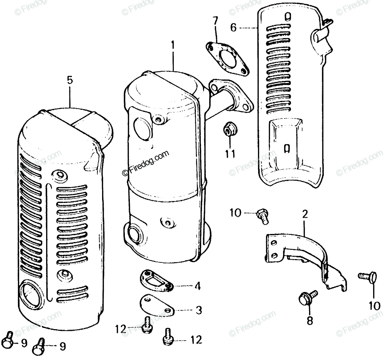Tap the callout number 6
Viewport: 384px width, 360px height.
point(233,28)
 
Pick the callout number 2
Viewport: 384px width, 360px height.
point(305,214)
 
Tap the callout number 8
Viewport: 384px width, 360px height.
point(309,321)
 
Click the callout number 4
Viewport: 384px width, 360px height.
point(198,286)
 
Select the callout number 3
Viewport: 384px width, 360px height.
point(198,310)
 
